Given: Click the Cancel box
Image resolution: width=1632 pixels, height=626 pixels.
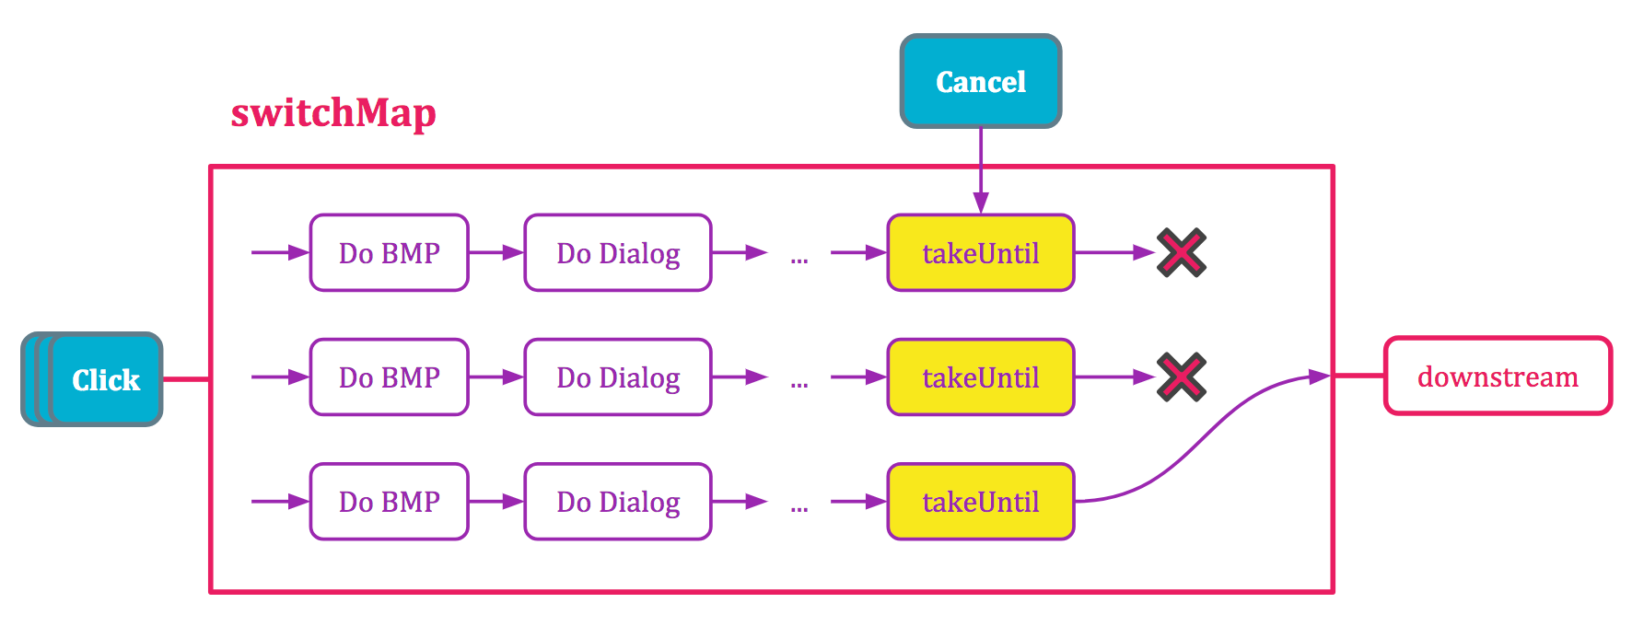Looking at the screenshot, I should tap(980, 82).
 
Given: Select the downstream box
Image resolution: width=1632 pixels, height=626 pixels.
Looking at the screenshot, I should tap(1498, 377).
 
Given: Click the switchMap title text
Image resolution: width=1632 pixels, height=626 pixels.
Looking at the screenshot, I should tap(333, 113).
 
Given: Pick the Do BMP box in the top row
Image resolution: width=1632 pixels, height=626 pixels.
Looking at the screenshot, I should tap(389, 253).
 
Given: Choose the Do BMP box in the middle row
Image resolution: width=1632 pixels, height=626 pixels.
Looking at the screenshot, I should tap(389, 377).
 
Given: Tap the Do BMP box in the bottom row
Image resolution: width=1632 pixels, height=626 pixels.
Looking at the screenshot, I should tap(389, 502).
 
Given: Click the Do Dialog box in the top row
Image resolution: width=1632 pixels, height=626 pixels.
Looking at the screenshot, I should tap(618, 253).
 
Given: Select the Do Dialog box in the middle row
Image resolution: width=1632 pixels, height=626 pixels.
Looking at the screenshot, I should tap(618, 377).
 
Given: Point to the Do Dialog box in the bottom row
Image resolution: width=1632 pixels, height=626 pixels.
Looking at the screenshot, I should tap(618, 502).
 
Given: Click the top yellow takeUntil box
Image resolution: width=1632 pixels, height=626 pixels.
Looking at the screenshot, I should tap(980, 253).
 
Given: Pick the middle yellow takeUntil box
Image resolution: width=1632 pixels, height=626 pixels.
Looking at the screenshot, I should tap(980, 377).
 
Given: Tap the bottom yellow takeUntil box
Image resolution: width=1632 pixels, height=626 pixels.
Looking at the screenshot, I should tap(980, 502).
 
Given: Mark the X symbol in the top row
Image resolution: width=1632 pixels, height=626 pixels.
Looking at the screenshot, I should tap(1182, 252).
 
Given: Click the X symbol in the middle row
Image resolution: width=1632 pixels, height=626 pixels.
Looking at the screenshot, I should tap(1182, 377).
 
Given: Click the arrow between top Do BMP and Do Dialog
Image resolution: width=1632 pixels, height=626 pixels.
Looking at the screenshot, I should tap(496, 252).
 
